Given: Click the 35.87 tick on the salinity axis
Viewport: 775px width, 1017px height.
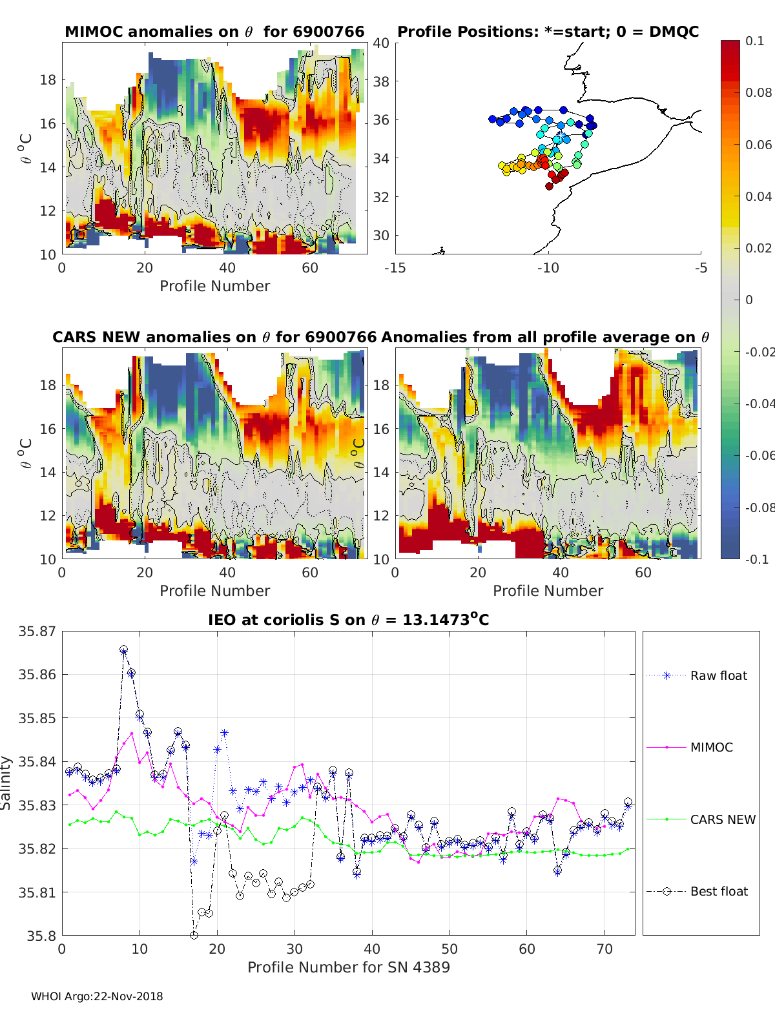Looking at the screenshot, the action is pyautogui.click(x=37, y=632).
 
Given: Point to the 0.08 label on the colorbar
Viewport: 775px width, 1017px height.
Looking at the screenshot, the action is pyautogui.click(x=758, y=93).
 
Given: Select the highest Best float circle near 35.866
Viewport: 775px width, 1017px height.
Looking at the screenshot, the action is pyautogui.click(x=124, y=650).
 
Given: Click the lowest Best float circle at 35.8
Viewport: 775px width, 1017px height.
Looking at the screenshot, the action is pyautogui.click(x=194, y=936).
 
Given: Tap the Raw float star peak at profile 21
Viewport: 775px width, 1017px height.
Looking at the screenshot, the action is pyautogui.click(x=225, y=733).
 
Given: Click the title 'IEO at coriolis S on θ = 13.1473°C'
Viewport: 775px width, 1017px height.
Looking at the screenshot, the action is pyautogui.click(x=348, y=619).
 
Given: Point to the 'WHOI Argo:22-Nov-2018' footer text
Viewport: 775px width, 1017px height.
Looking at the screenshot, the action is pyautogui.click(x=97, y=996).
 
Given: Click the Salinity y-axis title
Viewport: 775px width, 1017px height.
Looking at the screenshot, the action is pyautogui.click(x=6, y=783).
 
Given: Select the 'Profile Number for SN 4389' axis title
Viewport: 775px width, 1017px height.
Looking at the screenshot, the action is pyautogui.click(x=348, y=967).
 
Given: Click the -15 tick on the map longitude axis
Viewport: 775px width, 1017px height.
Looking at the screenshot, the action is pyautogui.click(x=395, y=268).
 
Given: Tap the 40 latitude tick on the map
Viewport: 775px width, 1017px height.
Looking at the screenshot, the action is pyautogui.click(x=381, y=43).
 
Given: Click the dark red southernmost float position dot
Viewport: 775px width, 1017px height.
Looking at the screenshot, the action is pyautogui.click(x=549, y=186).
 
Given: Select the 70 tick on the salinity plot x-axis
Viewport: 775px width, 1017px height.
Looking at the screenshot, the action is pyautogui.click(x=604, y=949).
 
